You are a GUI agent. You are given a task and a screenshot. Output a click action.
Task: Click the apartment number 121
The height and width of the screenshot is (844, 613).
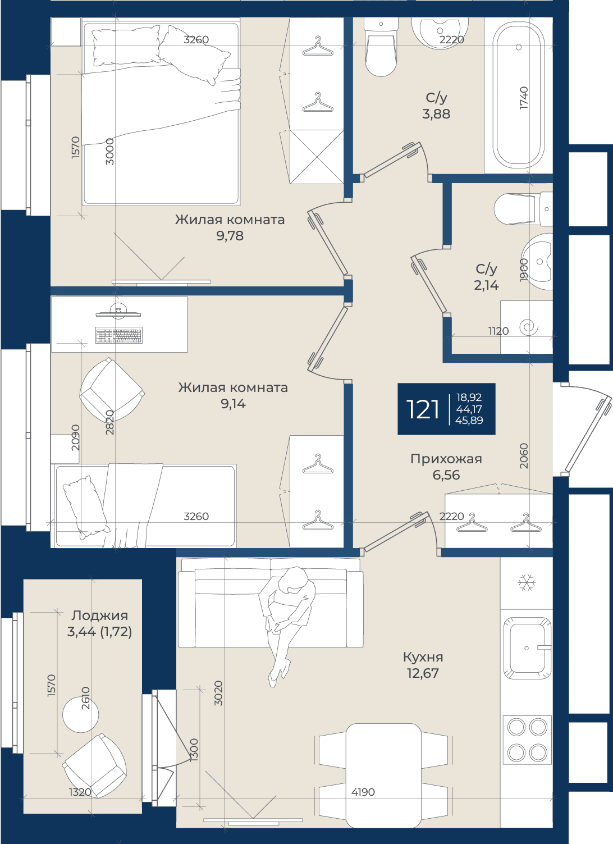tap(422, 409)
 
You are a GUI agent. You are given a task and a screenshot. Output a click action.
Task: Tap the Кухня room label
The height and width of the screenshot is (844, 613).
tap(423, 657)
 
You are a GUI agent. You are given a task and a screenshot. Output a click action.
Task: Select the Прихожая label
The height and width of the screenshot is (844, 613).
tap(446, 459)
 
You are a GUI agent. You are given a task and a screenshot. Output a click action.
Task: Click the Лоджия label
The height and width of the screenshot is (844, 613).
tap(99, 615)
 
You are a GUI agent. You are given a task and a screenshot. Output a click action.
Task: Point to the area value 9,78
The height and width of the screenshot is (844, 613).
tap(230, 236)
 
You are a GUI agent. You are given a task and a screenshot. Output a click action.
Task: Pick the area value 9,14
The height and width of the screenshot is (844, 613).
tap(233, 404)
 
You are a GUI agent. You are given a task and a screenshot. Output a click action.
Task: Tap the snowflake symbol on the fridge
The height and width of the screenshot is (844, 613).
tap(527, 582)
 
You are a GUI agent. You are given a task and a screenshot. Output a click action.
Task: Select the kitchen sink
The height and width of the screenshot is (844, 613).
tap(527, 648)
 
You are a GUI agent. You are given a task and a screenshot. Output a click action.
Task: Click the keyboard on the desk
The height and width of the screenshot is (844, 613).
tap(119, 335)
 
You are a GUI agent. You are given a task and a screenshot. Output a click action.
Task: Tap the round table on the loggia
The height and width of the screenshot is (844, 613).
tap(81, 714)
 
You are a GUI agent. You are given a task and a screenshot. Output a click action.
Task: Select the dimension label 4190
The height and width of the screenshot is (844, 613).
tap(363, 792)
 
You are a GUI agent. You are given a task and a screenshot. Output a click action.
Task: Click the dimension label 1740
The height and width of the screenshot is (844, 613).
tap(524, 98)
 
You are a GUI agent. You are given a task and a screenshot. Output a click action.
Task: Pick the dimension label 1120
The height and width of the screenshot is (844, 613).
tap(498, 331)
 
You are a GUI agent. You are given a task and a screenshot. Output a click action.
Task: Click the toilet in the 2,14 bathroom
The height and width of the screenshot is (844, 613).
tap(523, 209)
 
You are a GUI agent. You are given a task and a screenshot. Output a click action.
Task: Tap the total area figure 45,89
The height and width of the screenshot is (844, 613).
tap(469, 421)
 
